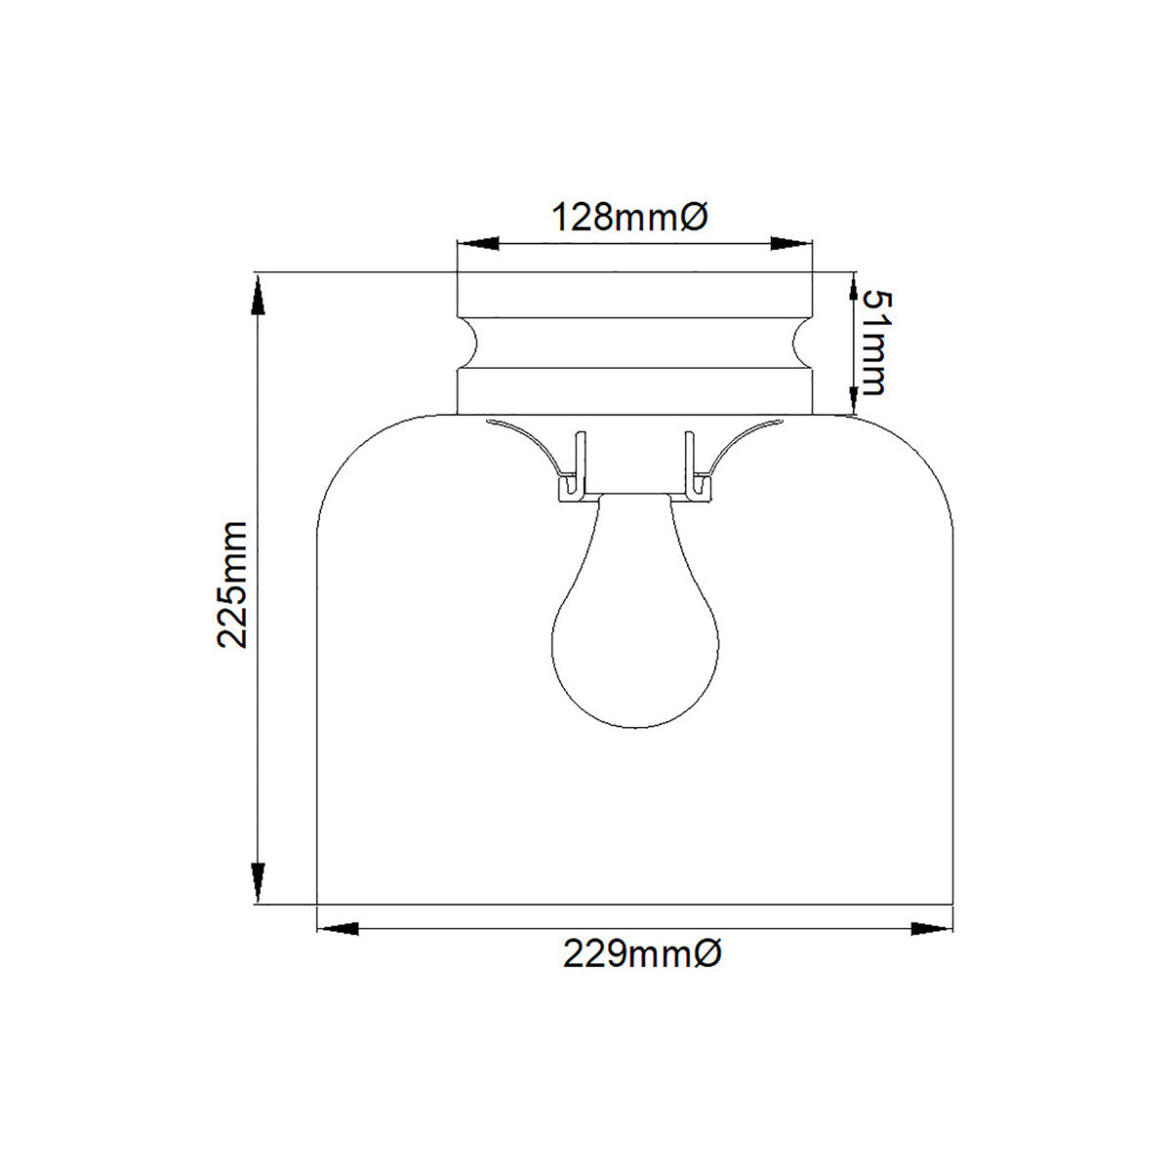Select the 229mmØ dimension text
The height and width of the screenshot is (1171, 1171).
point(641,953)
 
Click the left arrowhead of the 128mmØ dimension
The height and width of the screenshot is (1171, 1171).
point(478,243)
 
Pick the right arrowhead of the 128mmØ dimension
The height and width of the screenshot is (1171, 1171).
point(791,243)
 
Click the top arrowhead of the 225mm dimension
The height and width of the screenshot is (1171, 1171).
point(259,294)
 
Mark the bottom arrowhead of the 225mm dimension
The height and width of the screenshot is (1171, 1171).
point(259,882)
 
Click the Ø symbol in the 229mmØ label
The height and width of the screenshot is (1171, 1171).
point(709,953)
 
